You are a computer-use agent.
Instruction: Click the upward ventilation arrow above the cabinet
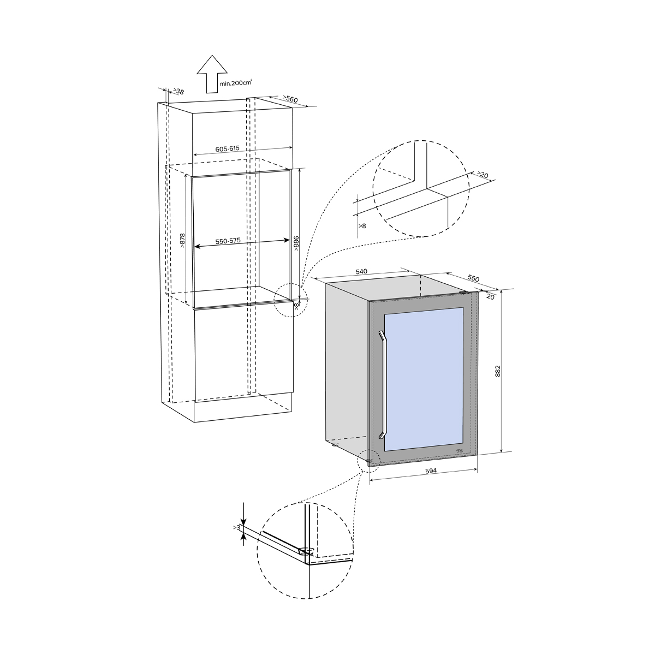click(212, 74)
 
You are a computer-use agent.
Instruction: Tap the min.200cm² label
click(236, 82)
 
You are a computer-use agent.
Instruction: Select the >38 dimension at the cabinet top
click(178, 92)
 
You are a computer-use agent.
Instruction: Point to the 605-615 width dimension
click(228, 149)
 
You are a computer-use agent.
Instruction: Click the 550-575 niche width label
click(228, 241)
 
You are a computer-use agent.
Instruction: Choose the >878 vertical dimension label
click(182, 241)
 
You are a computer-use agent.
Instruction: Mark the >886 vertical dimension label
click(296, 243)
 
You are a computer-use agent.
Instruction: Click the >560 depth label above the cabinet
click(290, 99)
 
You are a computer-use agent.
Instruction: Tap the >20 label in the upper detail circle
click(483, 175)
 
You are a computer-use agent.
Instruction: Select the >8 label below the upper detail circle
click(362, 225)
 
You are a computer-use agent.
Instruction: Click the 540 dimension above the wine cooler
click(361, 272)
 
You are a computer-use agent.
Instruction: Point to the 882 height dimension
click(498, 372)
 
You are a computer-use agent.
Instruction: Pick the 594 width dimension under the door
click(431, 471)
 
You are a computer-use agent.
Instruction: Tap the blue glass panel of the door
click(424, 379)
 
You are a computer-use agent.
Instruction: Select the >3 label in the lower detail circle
click(237, 527)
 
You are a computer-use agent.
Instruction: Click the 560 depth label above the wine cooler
click(473, 278)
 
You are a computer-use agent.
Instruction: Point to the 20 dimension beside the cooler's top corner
click(490, 297)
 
